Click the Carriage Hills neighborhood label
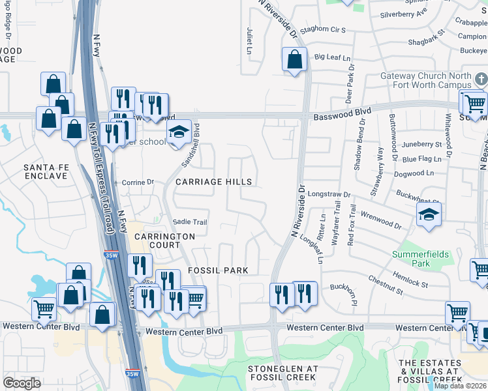click(212, 182)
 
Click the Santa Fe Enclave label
click(46, 172)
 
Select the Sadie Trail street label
click(189, 222)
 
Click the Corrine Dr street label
click(137, 183)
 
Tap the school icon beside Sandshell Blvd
click(178, 132)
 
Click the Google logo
click(22, 383)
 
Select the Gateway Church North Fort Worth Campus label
click(425, 81)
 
